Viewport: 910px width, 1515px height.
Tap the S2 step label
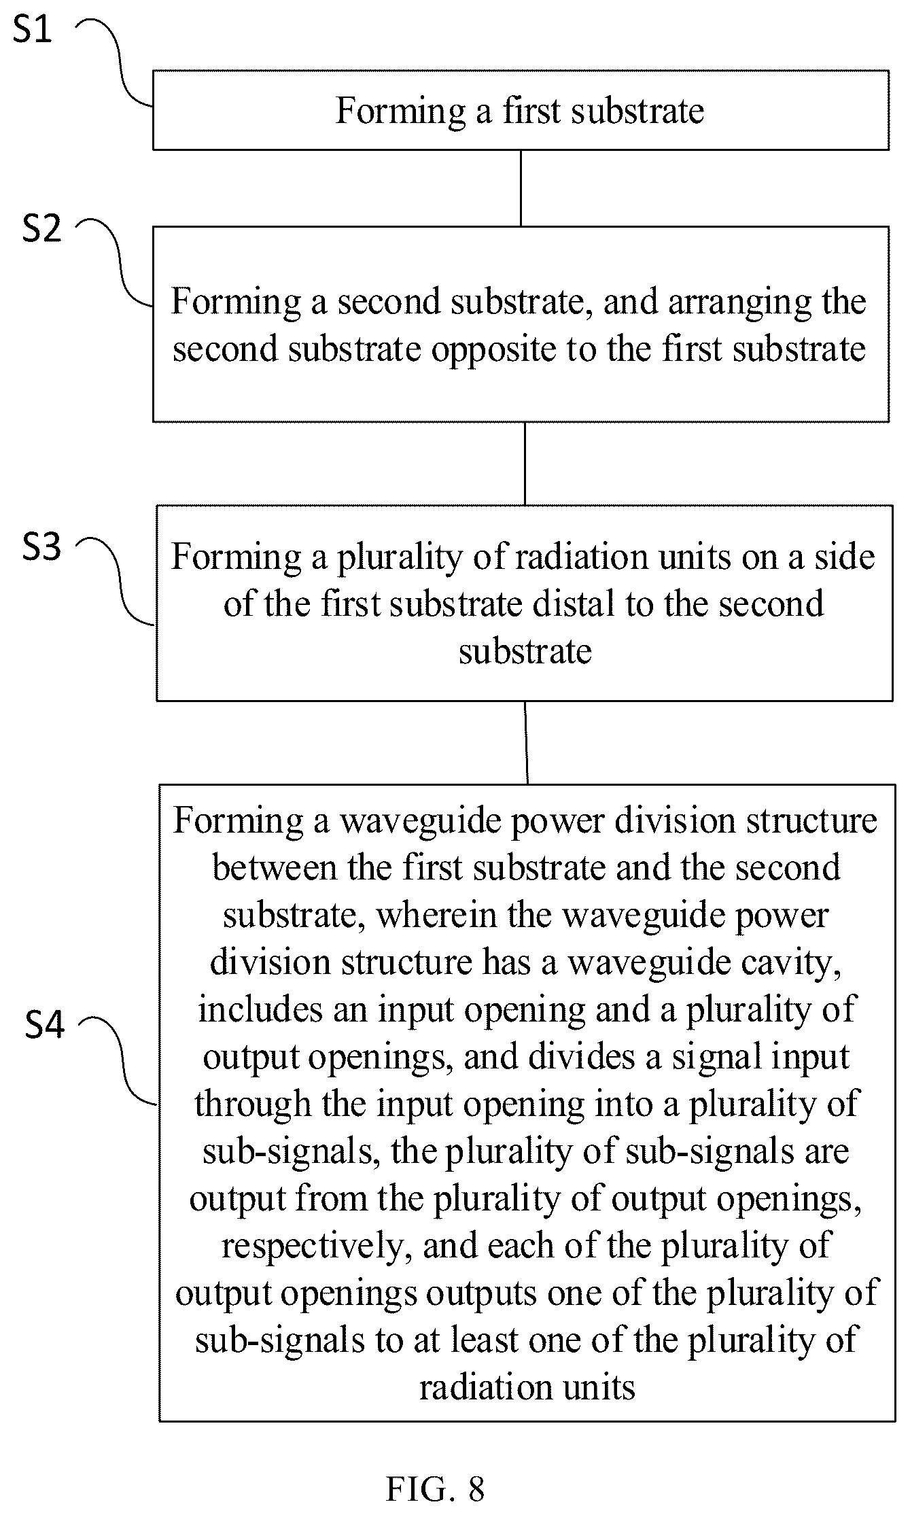point(41,229)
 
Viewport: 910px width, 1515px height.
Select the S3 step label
point(41,546)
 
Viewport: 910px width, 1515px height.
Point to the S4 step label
point(44,1024)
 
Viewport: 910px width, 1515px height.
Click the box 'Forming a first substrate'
point(521,109)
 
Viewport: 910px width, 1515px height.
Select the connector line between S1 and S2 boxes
point(521,188)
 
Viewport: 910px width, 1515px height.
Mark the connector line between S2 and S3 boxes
point(524,464)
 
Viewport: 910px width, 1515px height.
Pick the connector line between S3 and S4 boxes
point(526,743)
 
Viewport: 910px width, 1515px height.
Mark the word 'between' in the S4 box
point(275,868)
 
